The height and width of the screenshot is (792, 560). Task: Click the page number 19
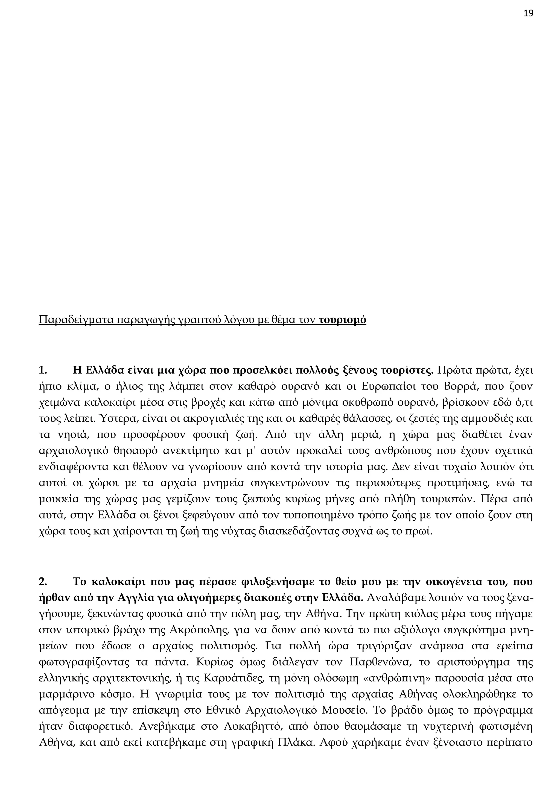click(x=528, y=13)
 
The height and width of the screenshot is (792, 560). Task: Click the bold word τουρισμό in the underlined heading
click(x=342, y=320)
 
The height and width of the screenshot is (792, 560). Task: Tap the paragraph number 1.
click(x=42, y=371)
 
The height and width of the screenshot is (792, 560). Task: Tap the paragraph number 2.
click(x=42, y=582)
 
